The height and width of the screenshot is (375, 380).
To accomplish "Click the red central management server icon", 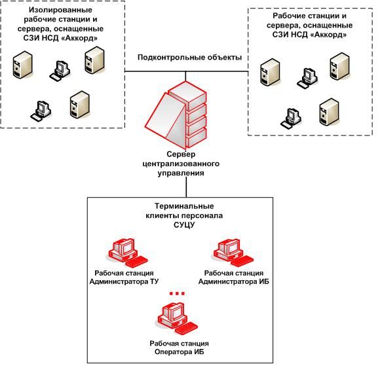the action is [176, 115].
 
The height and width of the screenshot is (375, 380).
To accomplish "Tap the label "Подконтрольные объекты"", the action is [189, 58].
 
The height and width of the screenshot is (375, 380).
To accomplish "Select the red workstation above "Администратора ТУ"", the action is [128, 253].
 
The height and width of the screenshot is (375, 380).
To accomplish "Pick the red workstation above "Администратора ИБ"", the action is [233, 253].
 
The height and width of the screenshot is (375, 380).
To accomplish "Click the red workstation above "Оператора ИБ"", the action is [178, 318].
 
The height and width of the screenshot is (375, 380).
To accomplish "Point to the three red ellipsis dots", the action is [177, 293].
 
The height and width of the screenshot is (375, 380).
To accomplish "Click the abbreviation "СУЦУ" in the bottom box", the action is [184, 225].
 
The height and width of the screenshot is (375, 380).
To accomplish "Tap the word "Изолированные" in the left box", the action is [60, 10].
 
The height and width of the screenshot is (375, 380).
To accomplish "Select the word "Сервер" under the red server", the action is [181, 154].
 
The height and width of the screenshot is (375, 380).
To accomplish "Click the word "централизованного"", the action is [181, 164].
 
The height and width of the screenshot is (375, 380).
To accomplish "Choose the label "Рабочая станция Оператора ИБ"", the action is [179, 348].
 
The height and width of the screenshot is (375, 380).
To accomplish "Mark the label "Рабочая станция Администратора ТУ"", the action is [124, 277].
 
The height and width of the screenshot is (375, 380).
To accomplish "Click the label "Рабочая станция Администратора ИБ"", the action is [234, 277].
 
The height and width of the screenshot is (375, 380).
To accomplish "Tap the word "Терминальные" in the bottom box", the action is [184, 206].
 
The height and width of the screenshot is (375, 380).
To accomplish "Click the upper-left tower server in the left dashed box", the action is [22, 65].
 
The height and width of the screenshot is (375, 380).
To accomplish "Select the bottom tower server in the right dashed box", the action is [329, 112].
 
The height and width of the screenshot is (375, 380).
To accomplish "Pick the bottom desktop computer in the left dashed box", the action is [41, 111].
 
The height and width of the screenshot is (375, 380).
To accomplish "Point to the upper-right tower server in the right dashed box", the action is [340, 66].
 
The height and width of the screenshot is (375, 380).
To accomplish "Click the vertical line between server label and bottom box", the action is [186, 187].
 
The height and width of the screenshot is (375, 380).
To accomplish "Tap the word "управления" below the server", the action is [181, 173].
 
